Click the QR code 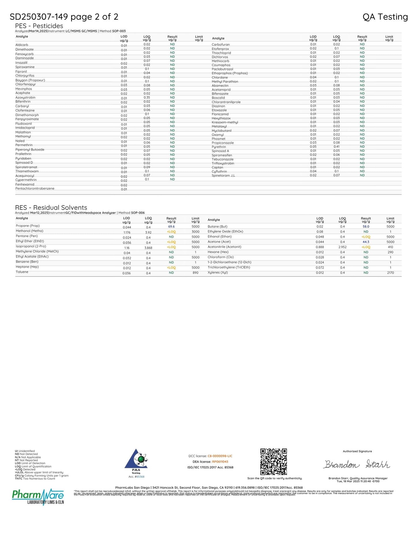pos(274,461)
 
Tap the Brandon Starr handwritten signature pos(357,464)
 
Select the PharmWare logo pos(38,496)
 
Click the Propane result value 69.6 pos(171,227)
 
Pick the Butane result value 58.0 pos(366,227)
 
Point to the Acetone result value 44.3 pos(366,242)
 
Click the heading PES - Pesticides pos(39,26)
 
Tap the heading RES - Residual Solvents pos(51,208)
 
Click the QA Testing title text pos(385,17)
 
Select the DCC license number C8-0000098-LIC pos(220,456)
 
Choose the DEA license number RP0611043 pos(220,462)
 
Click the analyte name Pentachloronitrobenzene pos(35,188)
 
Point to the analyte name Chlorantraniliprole pos(226,102)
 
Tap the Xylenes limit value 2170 pos(390,273)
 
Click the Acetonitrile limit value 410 pos(390,247)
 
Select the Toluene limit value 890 pos(195,273)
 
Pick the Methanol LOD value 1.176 pos(127,232)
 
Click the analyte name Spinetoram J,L pos(223,175)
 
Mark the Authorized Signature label pos(357,451)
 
